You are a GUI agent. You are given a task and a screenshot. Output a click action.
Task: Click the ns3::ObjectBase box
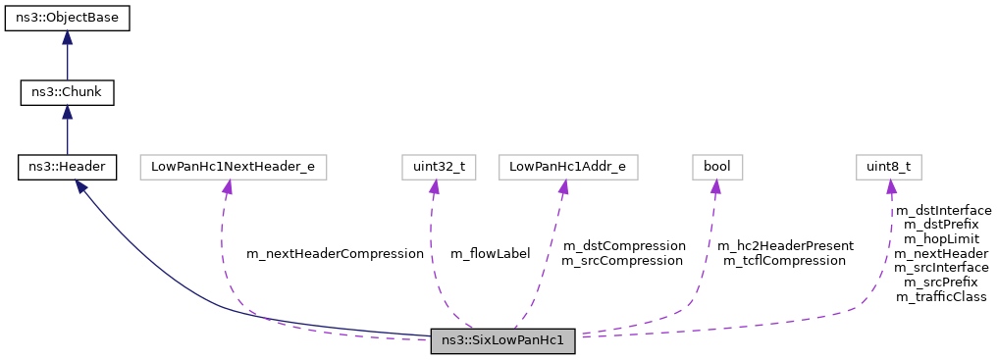pyautogui.click(x=67, y=19)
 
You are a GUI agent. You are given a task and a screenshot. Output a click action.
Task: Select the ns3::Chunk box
pyautogui.click(x=67, y=93)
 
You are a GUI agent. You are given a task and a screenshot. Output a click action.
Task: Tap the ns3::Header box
pyautogui.click(x=67, y=167)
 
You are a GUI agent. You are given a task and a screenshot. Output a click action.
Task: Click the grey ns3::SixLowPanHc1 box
pyautogui.click(x=502, y=341)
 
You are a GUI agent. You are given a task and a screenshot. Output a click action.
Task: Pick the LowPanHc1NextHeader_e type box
pyautogui.click(x=233, y=167)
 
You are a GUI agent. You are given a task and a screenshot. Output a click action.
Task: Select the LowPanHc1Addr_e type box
pyautogui.click(x=568, y=167)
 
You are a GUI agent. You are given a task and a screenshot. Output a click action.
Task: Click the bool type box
pyautogui.click(x=715, y=167)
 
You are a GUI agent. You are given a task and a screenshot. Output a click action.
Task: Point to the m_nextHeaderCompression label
pyautogui.click(x=335, y=253)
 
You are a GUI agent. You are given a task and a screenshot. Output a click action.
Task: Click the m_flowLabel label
pyautogui.click(x=490, y=253)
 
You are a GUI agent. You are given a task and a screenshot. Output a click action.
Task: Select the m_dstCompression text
pyautogui.click(x=623, y=245)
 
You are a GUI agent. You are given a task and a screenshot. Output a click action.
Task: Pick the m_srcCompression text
pyautogui.click(x=622, y=260)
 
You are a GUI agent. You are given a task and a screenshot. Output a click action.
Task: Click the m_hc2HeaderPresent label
pyautogui.click(x=785, y=245)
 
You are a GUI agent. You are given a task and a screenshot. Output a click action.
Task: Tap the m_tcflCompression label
pyautogui.click(x=784, y=260)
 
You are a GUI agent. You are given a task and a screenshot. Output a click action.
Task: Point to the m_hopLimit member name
pyautogui.click(x=942, y=238)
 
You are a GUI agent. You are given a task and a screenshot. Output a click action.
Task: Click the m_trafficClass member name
pyautogui.click(x=941, y=296)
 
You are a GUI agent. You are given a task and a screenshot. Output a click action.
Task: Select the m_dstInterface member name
pyautogui.click(x=942, y=210)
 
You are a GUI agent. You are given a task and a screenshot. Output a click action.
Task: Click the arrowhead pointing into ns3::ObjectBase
pyautogui.click(x=67, y=37)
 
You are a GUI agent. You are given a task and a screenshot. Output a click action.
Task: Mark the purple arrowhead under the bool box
pyautogui.click(x=715, y=186)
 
